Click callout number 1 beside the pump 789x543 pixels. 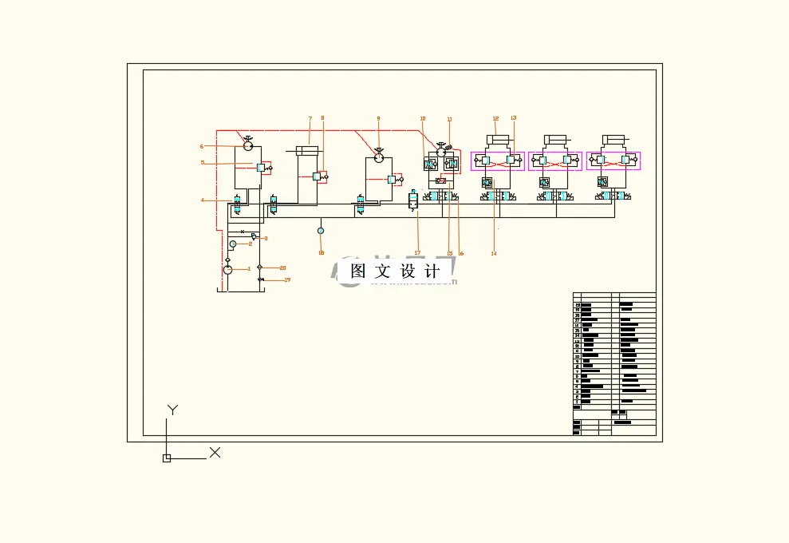(x=249, y=269)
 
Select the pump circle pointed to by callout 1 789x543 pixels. (x=227, y=270)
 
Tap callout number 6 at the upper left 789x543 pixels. (x=202, y=146)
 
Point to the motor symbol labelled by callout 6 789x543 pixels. (x=248, y=146)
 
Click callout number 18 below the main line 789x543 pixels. (x=321, y=253)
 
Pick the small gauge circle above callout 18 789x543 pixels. (x=321, y=231)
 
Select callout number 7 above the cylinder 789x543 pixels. (x=310, y=119)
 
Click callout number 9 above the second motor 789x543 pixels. (x=378, y=119)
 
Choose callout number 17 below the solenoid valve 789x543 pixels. (x=417, y=253)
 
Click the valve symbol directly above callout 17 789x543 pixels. (x=413, y=200)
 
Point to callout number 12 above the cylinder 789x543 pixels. (x=495, y=118)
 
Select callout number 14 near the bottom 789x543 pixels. (x=494, y=253)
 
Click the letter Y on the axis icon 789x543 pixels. (x=172, y=410)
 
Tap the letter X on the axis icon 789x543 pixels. (x=215, y=453)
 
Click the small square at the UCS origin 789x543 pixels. (x=167, y=458)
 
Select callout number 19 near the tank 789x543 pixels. (x=287, y=280)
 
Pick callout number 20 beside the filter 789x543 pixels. (x=282, y=268)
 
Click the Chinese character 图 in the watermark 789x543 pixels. (x=358, y=271)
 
